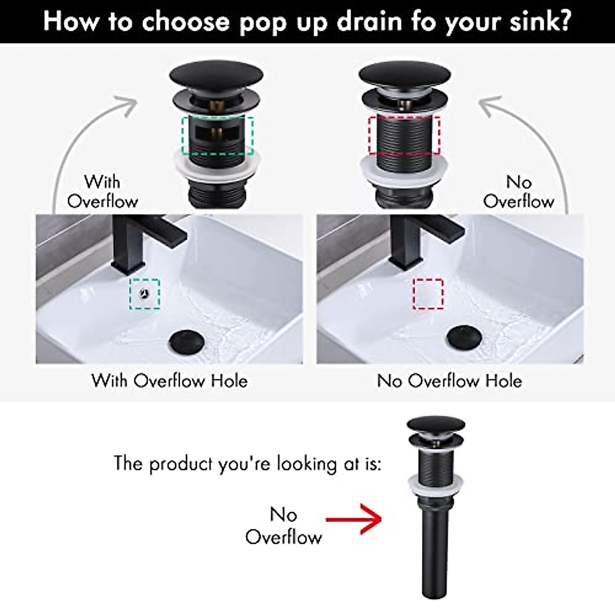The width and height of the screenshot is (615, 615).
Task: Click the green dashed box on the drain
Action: (x=217, y=135)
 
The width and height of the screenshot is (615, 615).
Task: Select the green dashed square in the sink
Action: (x=145, y=294)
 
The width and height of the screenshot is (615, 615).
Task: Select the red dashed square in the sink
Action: (x=428, y=294)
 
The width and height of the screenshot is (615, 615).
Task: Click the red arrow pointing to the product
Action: (x=354, y=519)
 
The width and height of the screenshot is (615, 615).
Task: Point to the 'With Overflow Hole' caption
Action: (x=169, y=381)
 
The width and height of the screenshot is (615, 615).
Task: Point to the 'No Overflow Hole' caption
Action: (x=449, y=381)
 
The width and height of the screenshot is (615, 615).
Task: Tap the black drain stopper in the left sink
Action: (x=187, y=342)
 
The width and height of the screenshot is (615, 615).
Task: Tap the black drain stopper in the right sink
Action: (x=464, y=336)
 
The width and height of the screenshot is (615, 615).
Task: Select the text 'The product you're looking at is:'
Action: (x=247, y=463)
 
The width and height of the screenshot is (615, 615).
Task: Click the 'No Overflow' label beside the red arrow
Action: (x=283, y=525)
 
